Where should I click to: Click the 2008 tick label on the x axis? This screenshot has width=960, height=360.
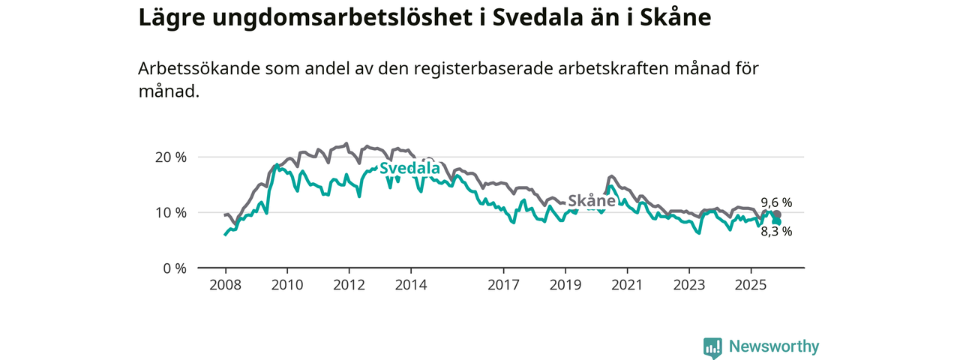(x=225, y=285)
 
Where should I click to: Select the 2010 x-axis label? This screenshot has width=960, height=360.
(x=286, y=285)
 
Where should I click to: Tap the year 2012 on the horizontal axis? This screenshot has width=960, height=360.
(x=349, y=285)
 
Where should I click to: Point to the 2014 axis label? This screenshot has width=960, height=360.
(x=411, y=285)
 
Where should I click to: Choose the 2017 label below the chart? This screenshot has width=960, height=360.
(x=503, y=285)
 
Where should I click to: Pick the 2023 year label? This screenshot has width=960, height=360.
(x=689, y=285)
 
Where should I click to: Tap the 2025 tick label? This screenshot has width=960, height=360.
(x=751, y=285)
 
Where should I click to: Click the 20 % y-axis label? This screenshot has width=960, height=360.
(x=170, y=157)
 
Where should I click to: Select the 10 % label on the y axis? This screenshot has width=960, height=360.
(x=170, y=213)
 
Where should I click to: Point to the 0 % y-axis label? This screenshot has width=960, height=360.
(x=174, y=268)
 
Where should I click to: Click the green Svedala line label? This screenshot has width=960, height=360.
(x=409, y=169)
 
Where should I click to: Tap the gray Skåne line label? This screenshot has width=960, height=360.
(x=592, y=201)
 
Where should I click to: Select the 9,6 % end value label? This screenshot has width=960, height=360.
(x=776, y=202)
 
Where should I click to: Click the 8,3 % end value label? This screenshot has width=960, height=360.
(x=776, y=232)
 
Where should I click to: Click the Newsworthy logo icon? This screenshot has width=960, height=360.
(x=712, y=347)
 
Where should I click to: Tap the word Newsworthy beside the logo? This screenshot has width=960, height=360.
(x=774, y=346)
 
